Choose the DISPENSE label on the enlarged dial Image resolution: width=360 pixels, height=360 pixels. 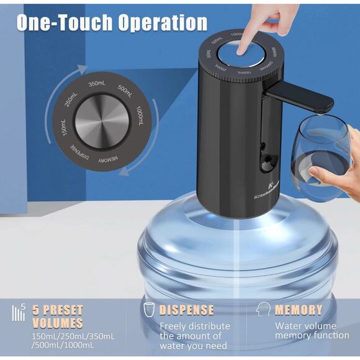80,153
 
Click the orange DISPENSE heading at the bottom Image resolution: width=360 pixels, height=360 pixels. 186,310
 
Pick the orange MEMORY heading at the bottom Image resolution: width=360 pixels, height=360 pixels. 299,310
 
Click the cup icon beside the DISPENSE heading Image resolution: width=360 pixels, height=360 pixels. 149,310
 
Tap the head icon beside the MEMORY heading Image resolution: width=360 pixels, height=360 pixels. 263,310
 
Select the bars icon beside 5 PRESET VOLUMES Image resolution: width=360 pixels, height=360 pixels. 19,312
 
